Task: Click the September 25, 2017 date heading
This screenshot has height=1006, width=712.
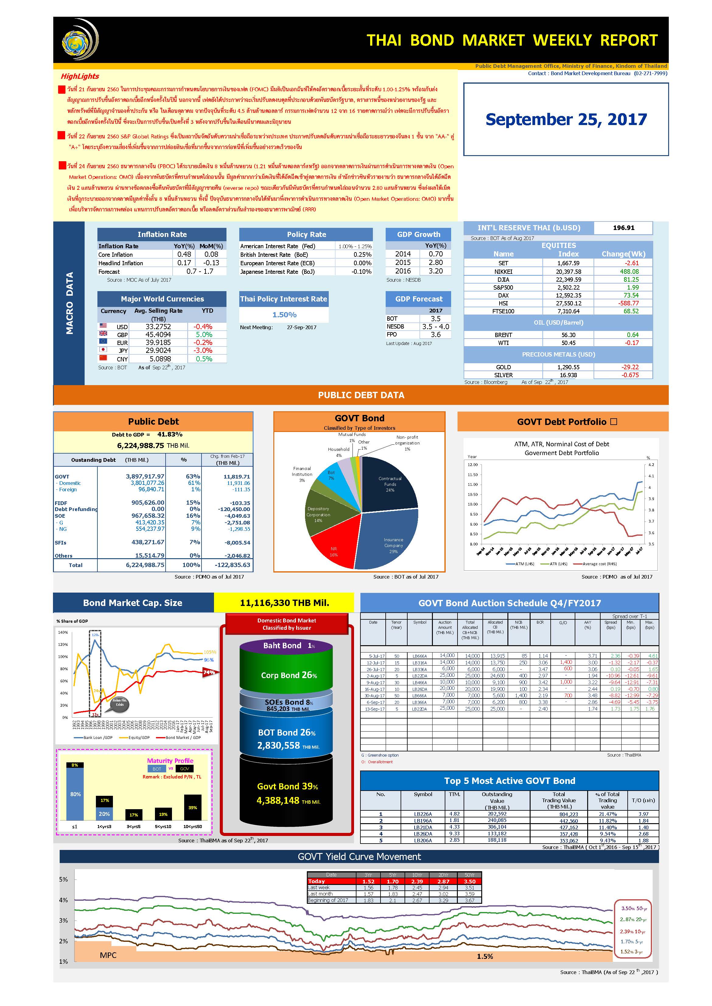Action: tap(566, 119)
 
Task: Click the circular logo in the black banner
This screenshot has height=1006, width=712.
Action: tap(79, 40)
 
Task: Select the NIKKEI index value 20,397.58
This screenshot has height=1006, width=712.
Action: tap(568, 272)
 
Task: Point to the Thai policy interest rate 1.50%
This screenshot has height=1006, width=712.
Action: tap(284, 315)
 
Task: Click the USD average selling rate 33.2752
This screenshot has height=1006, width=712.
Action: tap(158, 327)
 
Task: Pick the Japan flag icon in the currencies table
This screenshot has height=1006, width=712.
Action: tap(103, 350)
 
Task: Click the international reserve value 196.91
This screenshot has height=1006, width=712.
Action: tap(623, 228)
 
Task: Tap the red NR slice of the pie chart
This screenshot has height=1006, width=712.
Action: tap(333, 543)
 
